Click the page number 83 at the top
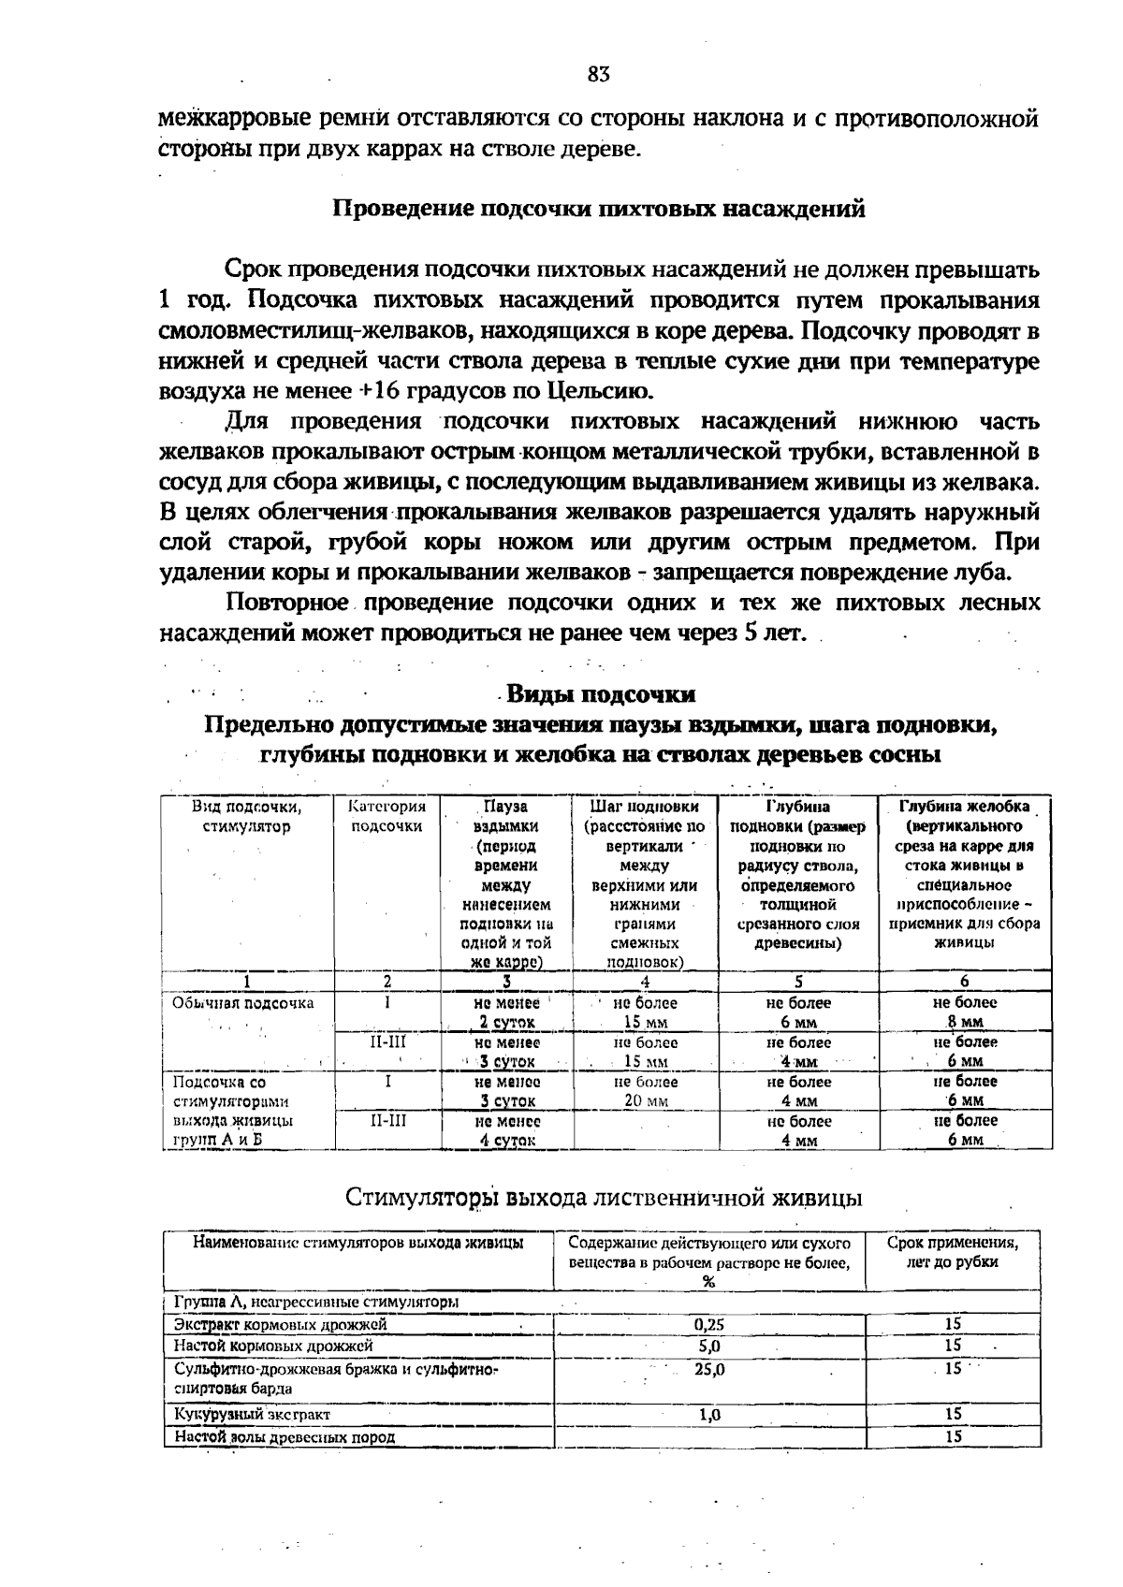pos(599,75)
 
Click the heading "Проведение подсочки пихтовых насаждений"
pos(599,208)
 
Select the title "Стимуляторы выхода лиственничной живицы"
pos(604,1198)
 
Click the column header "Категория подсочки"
pos(386,816)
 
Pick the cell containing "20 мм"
pos(645,1100)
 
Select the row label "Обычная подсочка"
pos(243,1003)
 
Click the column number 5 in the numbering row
pos(798,982)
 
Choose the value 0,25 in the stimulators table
pos(709,1324)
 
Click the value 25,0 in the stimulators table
pos(709,1368)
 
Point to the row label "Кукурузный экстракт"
pos(253,1414)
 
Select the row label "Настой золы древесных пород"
pos(284,1436)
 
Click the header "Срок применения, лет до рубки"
pos(952,1252)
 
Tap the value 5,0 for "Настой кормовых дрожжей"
pos(709,1346)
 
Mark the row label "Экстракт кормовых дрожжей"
pos(280,1324)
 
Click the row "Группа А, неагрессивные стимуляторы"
pos(315,1302)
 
